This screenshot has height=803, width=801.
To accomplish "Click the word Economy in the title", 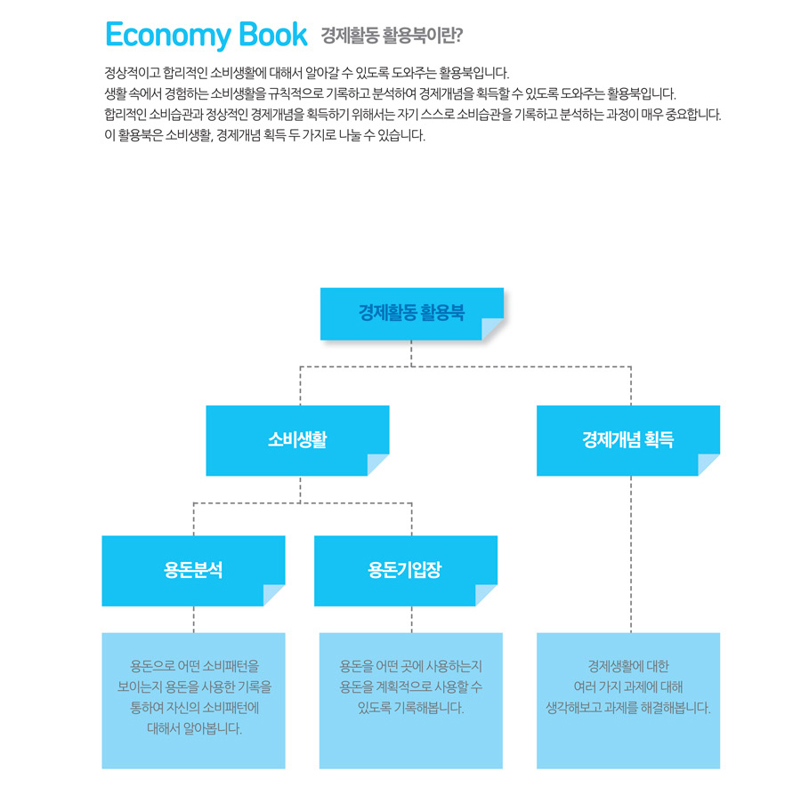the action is coord(168,36).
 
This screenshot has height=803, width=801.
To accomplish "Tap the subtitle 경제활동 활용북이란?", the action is coord(392,36).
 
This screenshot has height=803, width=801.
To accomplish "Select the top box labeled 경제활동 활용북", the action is coord(412,314).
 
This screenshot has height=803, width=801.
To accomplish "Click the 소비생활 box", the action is coord(298,440).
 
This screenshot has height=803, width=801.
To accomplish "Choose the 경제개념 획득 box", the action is coord(628,440).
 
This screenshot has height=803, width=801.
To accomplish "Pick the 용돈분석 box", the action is coord(194,571).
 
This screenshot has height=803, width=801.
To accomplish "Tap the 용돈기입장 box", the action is coord(406,571).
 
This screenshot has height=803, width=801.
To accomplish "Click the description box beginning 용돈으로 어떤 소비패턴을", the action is coord(194,701).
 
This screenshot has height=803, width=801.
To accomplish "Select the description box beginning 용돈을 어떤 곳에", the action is coord(411,701).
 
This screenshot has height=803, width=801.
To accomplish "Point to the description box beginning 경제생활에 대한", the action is coord(628,701).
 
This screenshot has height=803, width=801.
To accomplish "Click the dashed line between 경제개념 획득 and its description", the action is coord(631,554).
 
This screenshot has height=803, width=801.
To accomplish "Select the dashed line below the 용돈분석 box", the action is coord(194,620).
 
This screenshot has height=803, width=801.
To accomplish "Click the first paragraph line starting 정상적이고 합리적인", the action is coord(307,73).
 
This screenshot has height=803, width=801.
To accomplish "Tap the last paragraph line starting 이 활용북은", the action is coord(265,135).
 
